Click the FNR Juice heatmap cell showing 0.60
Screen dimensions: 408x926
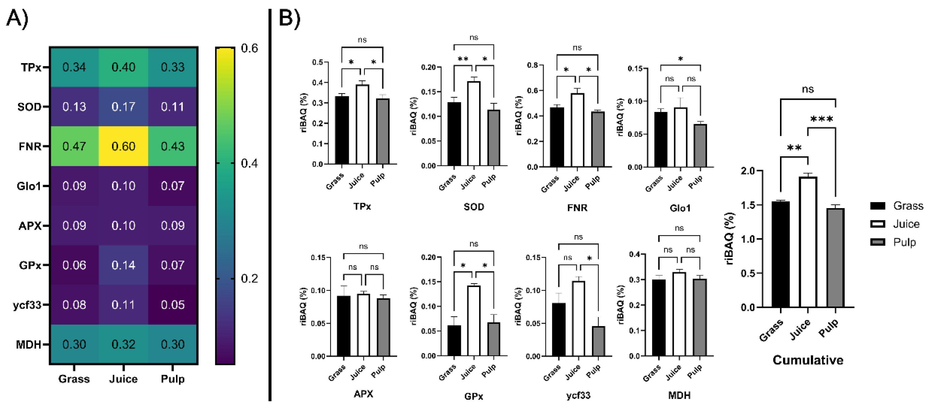pyautogui.click(x=123, y=146)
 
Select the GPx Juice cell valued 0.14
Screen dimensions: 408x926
pyautogui.click(x=123, y=265)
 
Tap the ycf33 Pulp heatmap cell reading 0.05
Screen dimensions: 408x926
pyautogui.click(x=173, y=305)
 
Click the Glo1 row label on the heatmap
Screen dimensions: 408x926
pyautogui.click(x=29, y=186)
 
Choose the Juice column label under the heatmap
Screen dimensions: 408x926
pyautogui.click(x=123, y=379)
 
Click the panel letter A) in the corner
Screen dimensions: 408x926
pyautogui.click(x=17, y=18)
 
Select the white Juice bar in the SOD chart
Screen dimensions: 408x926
pyautogui.click(x=474, y=124)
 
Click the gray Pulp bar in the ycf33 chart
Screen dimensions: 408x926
pyautogui.click(x=598, y=341)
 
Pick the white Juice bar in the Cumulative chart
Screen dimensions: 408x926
pyautogui.click(x=808, y=242)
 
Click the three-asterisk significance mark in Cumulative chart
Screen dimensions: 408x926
pyautogui.click(x=821, y=119)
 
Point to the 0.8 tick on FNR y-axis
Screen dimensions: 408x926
pyautogui.click(x=532, y=65)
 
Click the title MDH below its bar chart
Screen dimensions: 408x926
pyautogui.click(x=679, y=395)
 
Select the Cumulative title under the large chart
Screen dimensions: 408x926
pyautogui.click(x=808, y=360)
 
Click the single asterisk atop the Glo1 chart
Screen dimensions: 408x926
pyautogui.click(x=680, y=58)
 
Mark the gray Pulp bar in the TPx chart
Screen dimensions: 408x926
pyautogui.click(x=383, y=131)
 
